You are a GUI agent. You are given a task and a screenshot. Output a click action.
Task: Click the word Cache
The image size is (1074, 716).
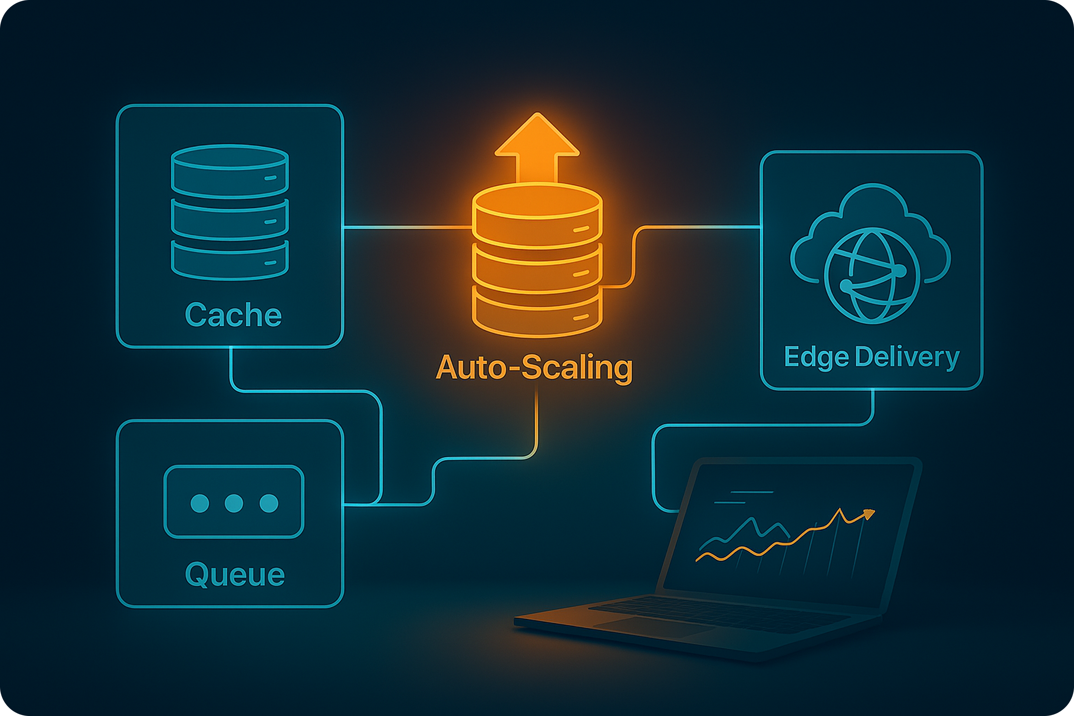(x=233, y=315)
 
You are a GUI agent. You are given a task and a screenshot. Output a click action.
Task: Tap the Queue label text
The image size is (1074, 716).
(x=235, y=574)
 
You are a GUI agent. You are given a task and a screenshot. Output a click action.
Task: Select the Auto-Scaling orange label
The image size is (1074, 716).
(x=534, y=368)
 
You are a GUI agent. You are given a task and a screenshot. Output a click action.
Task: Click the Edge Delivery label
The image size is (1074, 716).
(x=871, y=357)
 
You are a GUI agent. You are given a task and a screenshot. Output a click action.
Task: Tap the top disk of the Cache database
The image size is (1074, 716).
(x=230, y=171)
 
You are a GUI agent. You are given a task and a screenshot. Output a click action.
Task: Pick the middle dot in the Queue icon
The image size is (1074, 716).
(x=234, y=503)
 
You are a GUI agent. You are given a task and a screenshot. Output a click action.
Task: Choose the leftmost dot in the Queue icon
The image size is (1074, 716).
(x=200, y=503)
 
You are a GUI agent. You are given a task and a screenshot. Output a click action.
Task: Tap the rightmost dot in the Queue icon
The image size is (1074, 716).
(x=268, y=503)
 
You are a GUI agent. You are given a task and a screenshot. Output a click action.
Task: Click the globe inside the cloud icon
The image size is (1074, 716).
(x=871, y=275)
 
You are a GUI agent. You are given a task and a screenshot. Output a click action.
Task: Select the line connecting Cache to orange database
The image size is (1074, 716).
(x=406, y=226)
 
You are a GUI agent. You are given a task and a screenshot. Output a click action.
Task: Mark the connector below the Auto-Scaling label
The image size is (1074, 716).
(x=537, y=420)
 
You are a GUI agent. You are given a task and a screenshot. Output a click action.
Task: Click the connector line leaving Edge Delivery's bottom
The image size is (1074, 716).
(x=873, y=407)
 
